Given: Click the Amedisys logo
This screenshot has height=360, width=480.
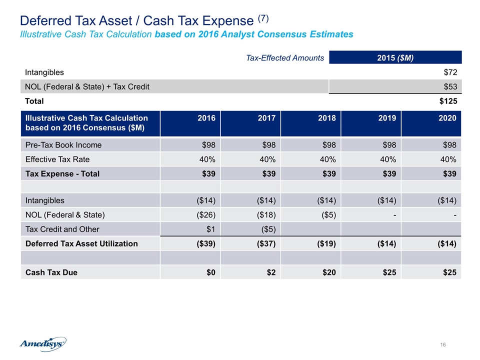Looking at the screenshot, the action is (x=43, y=344).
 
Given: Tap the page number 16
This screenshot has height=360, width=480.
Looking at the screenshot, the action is (x=442, y=344).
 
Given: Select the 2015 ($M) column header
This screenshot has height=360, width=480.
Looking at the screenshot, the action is (x=395, y=57).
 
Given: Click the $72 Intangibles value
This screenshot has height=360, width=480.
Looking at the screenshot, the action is (x=450, y=72).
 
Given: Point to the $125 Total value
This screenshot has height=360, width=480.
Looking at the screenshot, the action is (x=448, y=101).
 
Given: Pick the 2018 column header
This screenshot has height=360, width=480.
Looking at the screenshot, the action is (x=327, y=118).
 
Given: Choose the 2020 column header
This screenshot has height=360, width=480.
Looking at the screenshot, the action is (x=447, y=118).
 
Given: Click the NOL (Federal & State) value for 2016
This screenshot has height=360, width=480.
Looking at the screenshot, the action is (x=206, y=215).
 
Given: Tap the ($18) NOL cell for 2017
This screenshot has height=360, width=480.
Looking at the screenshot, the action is (x=266, y=215).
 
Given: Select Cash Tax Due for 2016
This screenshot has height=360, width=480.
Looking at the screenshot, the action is (x=211, y=272).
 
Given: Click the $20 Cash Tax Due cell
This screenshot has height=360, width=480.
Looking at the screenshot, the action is (x=329, y=272).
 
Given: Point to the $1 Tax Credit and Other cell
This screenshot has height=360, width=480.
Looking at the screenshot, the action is (x=210, y=229).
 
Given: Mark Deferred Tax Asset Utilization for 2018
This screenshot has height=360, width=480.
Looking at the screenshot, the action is (x=326, y=243).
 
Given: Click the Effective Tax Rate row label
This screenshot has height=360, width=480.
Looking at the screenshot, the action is (x=57, y=159).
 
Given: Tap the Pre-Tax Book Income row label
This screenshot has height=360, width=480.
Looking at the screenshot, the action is (x=63, y=145).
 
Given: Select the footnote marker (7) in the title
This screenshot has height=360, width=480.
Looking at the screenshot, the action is (x=263, y=18).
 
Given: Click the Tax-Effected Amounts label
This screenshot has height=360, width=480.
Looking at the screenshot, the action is (x=285, y=58).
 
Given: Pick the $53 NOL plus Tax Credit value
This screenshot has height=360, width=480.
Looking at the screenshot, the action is (x=450, y=86).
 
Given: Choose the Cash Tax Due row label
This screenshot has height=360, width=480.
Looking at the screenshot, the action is (x=51, y=272).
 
